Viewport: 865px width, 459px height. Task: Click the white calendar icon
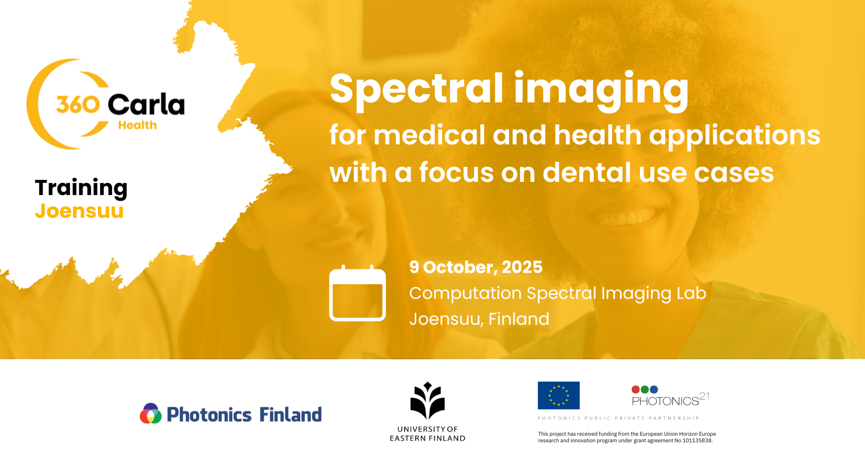point(357,293)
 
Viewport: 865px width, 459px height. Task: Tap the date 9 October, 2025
point(476,267)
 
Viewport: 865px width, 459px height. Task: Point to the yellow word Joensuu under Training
point(79,211)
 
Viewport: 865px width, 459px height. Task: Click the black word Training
point(81,188)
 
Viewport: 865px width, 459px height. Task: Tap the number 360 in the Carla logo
point(78,104)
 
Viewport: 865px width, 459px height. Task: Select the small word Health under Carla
point(137,125)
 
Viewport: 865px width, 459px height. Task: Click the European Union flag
point(558,395)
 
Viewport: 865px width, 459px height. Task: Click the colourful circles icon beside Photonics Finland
point(151,413)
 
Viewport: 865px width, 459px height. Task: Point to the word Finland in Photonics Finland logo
point(291,414)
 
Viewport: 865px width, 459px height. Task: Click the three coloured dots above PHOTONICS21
point(644,390)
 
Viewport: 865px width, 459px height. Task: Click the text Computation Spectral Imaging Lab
point(558,293)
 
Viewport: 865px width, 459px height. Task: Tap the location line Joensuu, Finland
point(479,319)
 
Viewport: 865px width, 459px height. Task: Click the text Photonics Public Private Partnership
point(618,418)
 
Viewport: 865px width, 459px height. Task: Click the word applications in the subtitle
point(735,136)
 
